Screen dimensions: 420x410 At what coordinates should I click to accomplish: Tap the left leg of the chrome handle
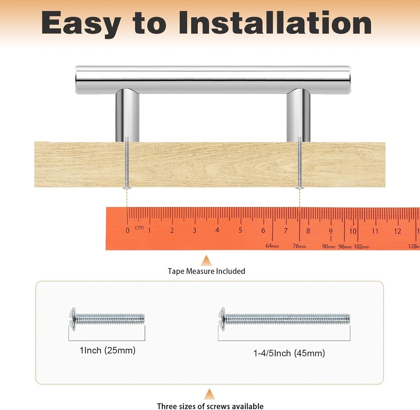[128, 115]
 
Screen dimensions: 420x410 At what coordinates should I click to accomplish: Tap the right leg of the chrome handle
[299, 115]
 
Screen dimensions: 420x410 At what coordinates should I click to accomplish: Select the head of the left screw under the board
[127, 188]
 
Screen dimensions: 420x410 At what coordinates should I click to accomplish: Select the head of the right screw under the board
[299, 188]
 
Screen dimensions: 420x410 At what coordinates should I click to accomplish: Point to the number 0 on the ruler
[128, 231]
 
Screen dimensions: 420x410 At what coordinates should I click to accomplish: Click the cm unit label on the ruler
[139, 227]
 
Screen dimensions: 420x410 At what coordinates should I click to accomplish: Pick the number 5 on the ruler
[240, 230]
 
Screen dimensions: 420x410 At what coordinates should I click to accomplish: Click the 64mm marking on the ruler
[272, 246]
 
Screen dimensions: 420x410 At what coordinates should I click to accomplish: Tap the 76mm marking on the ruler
[299, 246]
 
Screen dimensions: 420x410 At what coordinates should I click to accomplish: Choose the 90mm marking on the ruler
[329, 246]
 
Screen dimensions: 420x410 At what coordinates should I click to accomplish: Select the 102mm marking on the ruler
[362, 247]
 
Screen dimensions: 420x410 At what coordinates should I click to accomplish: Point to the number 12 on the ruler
[397, 231]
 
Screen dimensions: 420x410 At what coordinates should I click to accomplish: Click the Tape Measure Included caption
[206, 271]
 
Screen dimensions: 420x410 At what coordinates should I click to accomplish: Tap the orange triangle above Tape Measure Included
[206, 261]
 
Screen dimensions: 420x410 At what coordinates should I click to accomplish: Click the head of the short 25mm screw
[73, 319]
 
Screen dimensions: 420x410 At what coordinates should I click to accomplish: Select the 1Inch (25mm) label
[107, 350]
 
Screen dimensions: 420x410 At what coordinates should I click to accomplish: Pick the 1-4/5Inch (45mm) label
[289, 353]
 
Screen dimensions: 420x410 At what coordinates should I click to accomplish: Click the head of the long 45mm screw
[222, 319]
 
